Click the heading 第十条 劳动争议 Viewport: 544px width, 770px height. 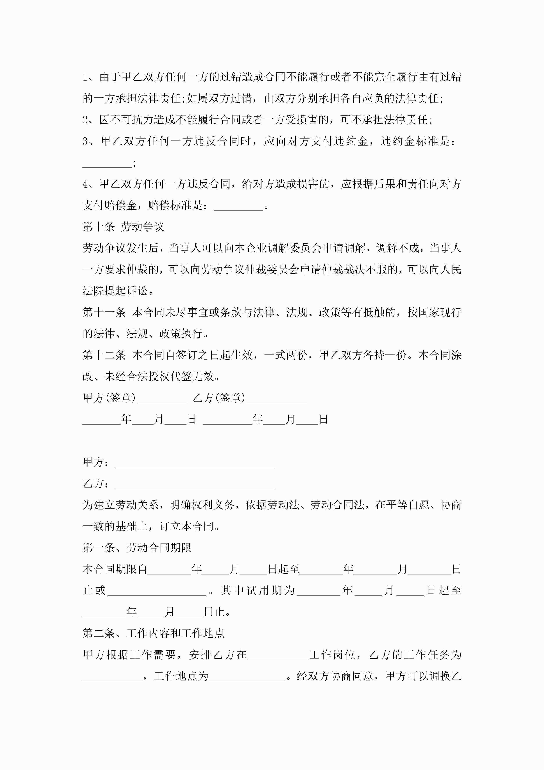(123, 227)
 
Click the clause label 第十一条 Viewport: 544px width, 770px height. (104, 313)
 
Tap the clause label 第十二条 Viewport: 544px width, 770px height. (104, 355)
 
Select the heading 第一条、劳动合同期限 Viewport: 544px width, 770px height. (137, 548)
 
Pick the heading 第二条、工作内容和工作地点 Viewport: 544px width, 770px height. (153, 633)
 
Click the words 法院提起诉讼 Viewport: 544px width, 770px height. (115, 291)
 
